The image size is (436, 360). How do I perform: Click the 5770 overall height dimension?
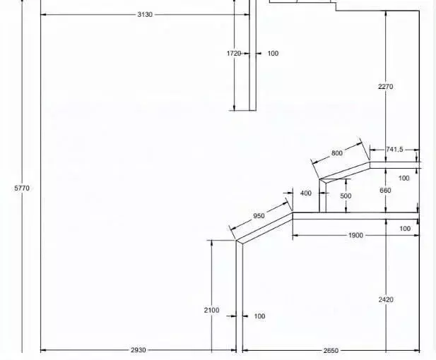(22, 188)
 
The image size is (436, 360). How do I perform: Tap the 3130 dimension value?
(145, 14)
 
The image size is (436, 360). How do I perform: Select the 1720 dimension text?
(234, 54)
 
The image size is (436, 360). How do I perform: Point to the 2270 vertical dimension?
(386, 87)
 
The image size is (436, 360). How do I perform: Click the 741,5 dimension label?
(394, 150)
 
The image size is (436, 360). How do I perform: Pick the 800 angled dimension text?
(337, 153)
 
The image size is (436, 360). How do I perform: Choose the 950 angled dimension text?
(259, 216)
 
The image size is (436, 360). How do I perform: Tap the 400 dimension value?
(306, 193)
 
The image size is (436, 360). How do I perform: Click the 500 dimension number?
(346, 196)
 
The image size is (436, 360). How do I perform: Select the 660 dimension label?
(385, 191)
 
